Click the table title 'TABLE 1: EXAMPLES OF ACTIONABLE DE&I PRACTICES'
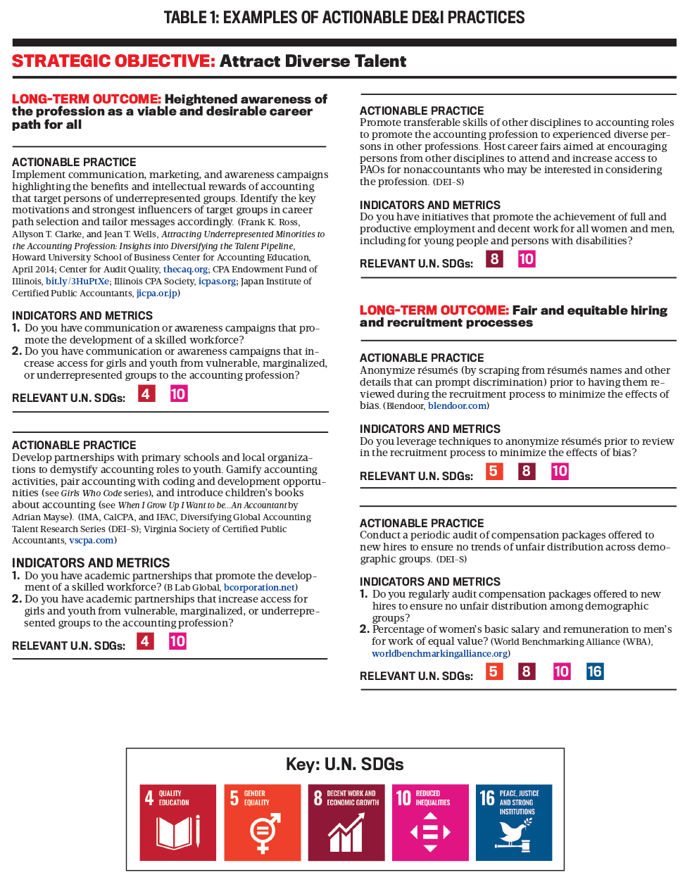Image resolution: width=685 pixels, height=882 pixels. (x=344, y=18)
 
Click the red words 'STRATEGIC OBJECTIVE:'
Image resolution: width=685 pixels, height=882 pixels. (x=113, y=61)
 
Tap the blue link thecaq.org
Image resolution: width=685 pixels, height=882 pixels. (x=185, y=270)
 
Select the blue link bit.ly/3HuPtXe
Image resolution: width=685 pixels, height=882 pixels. (x=77, y=282)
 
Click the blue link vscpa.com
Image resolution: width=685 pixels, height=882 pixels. (x=91, y=541)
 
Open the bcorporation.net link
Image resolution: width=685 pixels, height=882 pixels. (x=259, y=588)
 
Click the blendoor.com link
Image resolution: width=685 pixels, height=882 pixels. (x=457, y=406)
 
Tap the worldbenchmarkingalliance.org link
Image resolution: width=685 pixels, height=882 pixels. (x=439, y=654)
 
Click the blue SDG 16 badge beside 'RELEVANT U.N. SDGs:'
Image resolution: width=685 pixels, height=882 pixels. (x=595, y=672)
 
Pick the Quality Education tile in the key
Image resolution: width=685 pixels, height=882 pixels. (x=177, y=822)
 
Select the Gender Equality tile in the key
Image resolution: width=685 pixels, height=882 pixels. (x=262, y=822)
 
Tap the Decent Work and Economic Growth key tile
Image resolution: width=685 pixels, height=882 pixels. (x=346, y=822)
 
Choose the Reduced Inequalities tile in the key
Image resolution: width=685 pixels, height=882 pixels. (x=430, y=822)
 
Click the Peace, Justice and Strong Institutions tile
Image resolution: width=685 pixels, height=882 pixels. (x=514, y=822)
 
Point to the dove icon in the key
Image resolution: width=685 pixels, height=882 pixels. (x=515, y=834)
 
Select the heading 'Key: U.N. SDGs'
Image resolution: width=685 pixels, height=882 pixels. (x=344, y=764)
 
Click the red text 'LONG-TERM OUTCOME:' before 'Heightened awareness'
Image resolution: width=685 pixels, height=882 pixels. (x=87, y=99)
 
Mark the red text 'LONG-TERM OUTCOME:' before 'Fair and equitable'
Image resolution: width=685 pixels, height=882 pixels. (x=434, y=310)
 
